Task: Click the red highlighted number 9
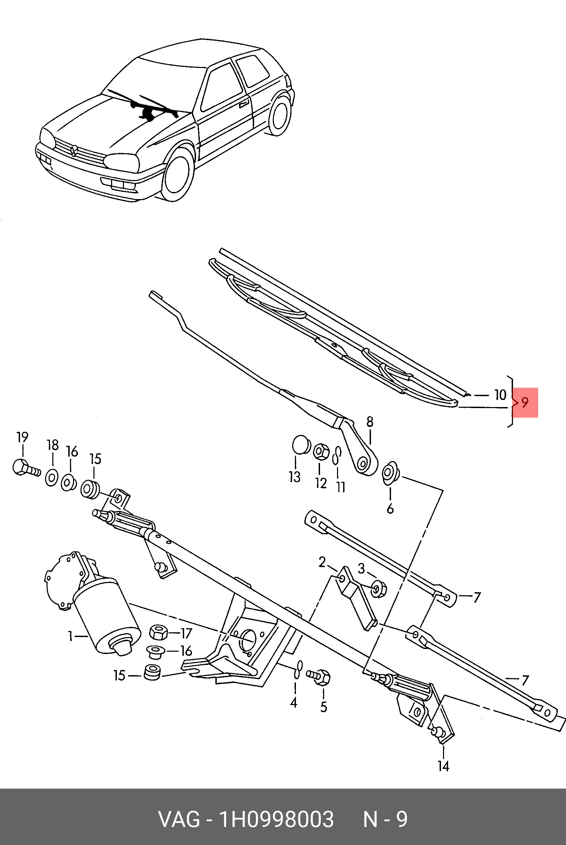525,402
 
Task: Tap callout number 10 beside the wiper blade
500,395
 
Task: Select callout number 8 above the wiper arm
370,422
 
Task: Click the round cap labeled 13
301,445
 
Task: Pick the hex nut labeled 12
321,452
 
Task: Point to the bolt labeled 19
25,468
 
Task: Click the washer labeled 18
52,478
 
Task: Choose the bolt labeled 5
320,676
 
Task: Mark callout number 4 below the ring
294,702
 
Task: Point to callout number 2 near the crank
322,562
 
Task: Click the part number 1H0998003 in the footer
276,819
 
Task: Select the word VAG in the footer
179,819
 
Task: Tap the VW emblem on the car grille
74,151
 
